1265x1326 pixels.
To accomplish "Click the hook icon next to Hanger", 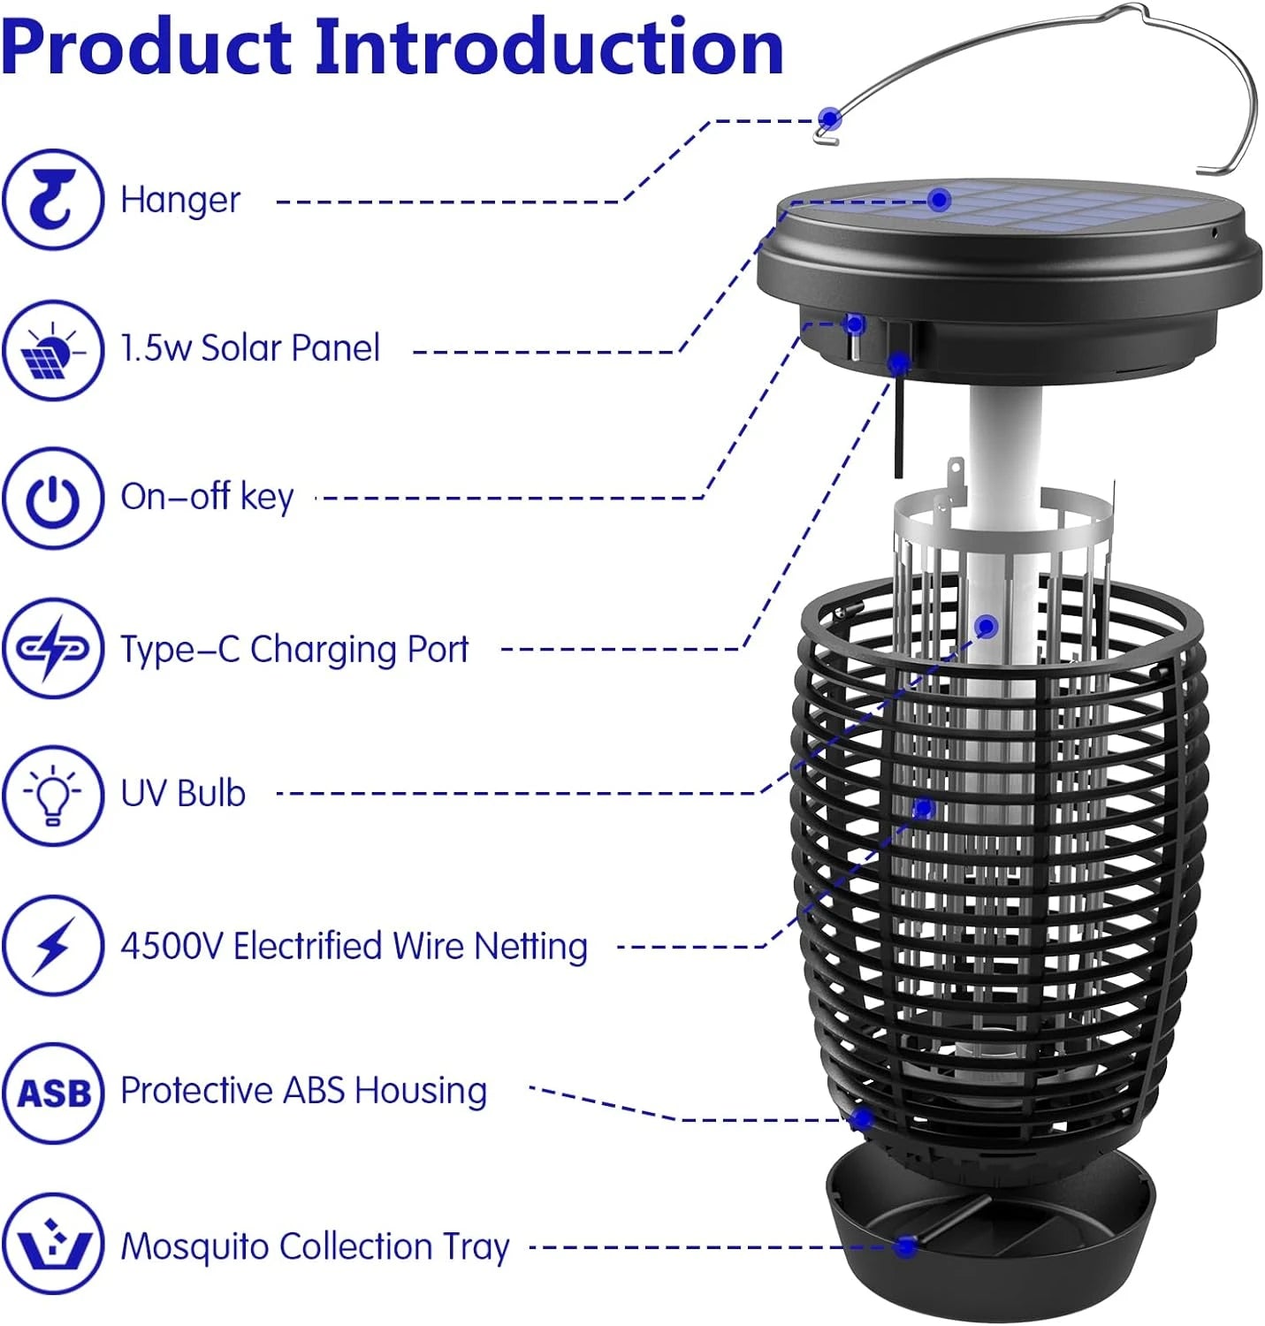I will click(52, 200).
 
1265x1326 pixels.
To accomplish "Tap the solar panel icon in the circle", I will click(52, 350).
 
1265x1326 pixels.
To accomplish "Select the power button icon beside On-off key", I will click(52, 499).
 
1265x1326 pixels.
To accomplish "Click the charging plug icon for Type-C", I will click(52, 649).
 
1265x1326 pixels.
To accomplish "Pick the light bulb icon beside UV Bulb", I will click(52, 795).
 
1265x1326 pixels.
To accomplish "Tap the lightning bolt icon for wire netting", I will click(52, 946).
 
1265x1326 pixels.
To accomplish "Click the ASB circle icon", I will click(53, 1094).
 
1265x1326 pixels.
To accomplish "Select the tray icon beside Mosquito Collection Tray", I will click(53, 1245).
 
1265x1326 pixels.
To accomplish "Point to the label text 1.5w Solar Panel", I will click(250, 348).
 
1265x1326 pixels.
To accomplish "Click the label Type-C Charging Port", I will click(294, 650).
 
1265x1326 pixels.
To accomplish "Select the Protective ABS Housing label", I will click(303, 1091).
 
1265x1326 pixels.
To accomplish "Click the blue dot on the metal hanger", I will click(829, 118).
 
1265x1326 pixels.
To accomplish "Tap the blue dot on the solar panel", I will click(940, 200).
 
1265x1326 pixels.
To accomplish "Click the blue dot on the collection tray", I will click(904, 1246).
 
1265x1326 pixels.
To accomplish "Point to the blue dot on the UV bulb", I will click(987, 627).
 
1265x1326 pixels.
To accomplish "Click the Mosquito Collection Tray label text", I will click(315, 1246).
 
